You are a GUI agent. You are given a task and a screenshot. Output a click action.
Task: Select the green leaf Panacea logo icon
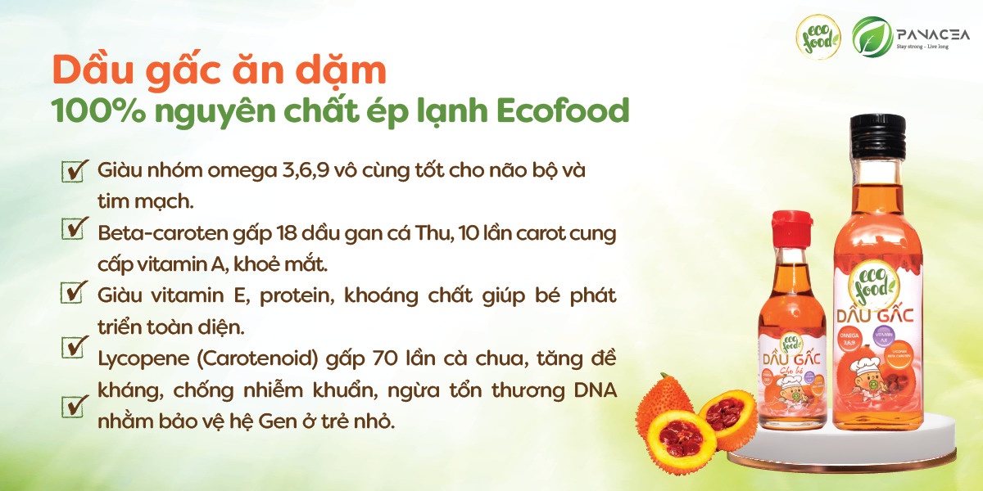click(x=872, y=37)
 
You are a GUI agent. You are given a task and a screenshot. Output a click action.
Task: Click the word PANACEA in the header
click(x=929, y=33)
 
